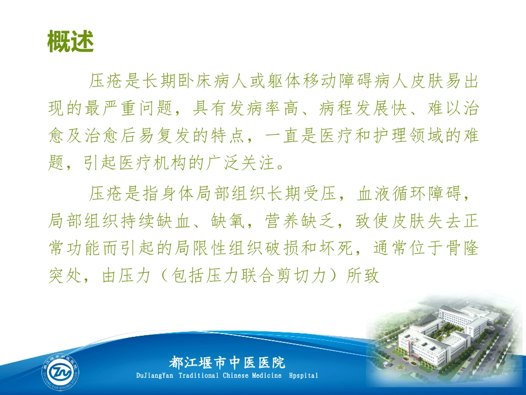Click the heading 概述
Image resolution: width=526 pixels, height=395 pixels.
[70, 43]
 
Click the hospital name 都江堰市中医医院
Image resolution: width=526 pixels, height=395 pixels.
[227, 363]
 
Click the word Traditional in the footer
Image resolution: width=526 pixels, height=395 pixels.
[203, 376]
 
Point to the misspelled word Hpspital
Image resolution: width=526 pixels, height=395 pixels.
[303, 376]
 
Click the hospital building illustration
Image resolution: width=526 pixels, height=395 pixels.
[443, 332]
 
